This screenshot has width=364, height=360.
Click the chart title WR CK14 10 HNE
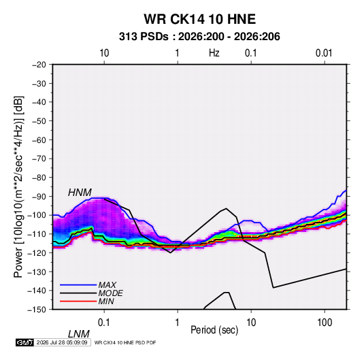(x=199, y=19)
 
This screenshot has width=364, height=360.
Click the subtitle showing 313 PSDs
(x=199, y=37)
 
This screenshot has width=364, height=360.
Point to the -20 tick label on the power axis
(x=39, y=65)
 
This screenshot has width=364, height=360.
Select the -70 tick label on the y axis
(x=39, y=159)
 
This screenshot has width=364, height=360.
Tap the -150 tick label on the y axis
(x=37, y=310)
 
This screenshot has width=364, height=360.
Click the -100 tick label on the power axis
(x=37, y=215)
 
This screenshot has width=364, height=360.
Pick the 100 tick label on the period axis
(x=325, y=323)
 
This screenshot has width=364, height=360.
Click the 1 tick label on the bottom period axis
(x=177, y=323)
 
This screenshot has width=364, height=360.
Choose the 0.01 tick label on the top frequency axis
(x=324, y=53)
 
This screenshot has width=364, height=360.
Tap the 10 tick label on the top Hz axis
(x=104, y=53)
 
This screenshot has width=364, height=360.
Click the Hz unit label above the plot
(x=214, y=53)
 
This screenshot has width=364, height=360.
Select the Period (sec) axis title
(x=214, y=330)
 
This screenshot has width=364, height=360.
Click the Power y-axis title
(x=18, y=186)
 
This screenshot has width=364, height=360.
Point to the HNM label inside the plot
(x=80, y=193)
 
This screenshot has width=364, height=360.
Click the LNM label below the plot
(x=78, y=334)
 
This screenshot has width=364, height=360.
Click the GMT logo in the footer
(x=25, y=342)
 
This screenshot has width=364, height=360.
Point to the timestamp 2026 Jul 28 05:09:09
(x=62, y=342)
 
